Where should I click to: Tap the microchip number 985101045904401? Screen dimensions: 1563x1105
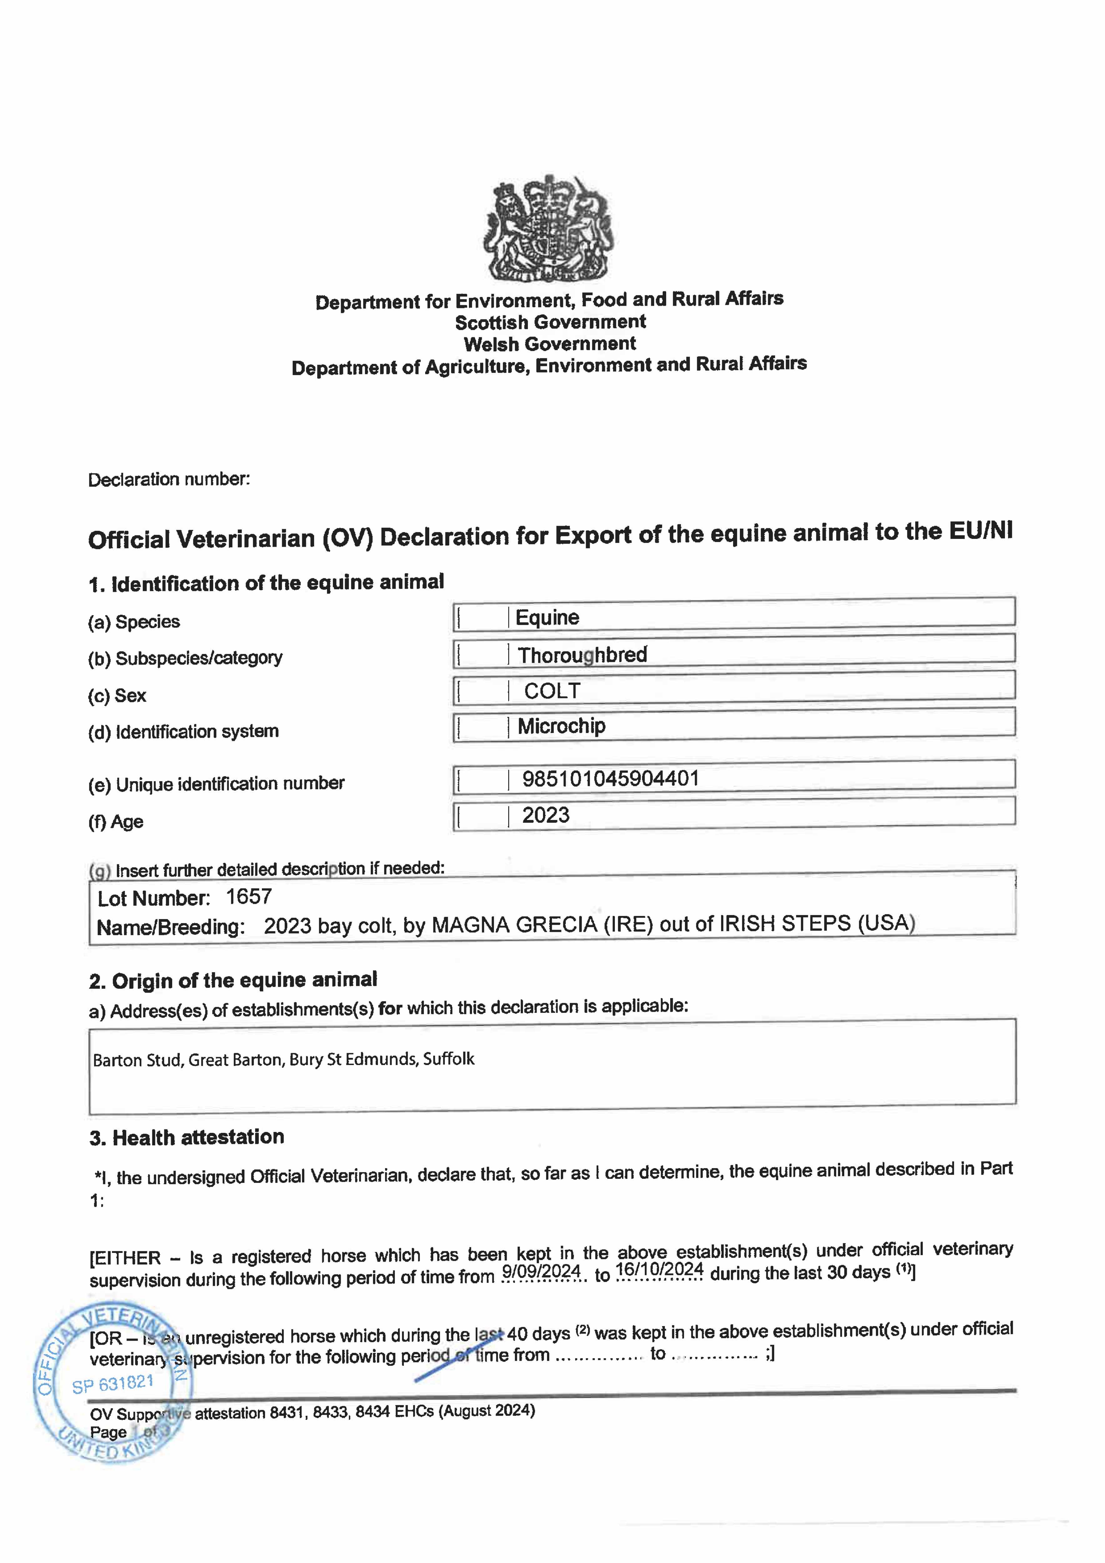(x=610, y=778)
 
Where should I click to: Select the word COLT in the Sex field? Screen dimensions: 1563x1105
(x=551, y=691)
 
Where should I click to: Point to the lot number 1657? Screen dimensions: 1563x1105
(x=249, y=897)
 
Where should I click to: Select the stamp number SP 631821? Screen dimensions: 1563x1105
(x=113, y=1384)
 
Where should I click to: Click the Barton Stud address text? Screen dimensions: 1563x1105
(x=283, y=1059)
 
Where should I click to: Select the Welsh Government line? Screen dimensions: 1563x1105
(x=550, y=344)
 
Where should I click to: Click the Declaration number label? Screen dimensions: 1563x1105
(x=169, y=479)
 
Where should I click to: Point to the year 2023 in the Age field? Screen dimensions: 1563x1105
(x=545, y=815)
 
